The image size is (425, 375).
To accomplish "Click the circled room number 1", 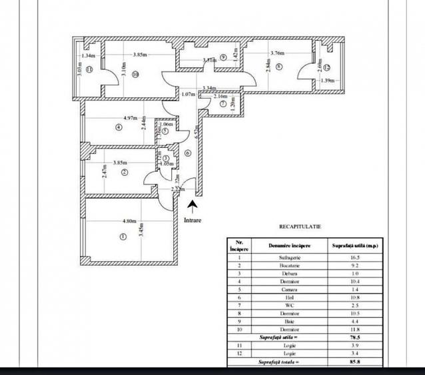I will click(122, 236).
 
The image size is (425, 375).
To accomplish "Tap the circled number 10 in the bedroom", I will click(135, 75).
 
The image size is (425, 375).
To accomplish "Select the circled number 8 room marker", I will click(278, 66).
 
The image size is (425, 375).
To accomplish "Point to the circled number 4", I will click(119, 127).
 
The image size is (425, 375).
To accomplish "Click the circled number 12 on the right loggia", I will click(328, 67).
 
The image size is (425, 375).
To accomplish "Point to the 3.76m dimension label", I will click(276, 53).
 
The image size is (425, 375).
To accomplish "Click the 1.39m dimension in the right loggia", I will click(327, 81).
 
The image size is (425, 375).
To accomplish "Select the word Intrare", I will click(193, 218).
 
